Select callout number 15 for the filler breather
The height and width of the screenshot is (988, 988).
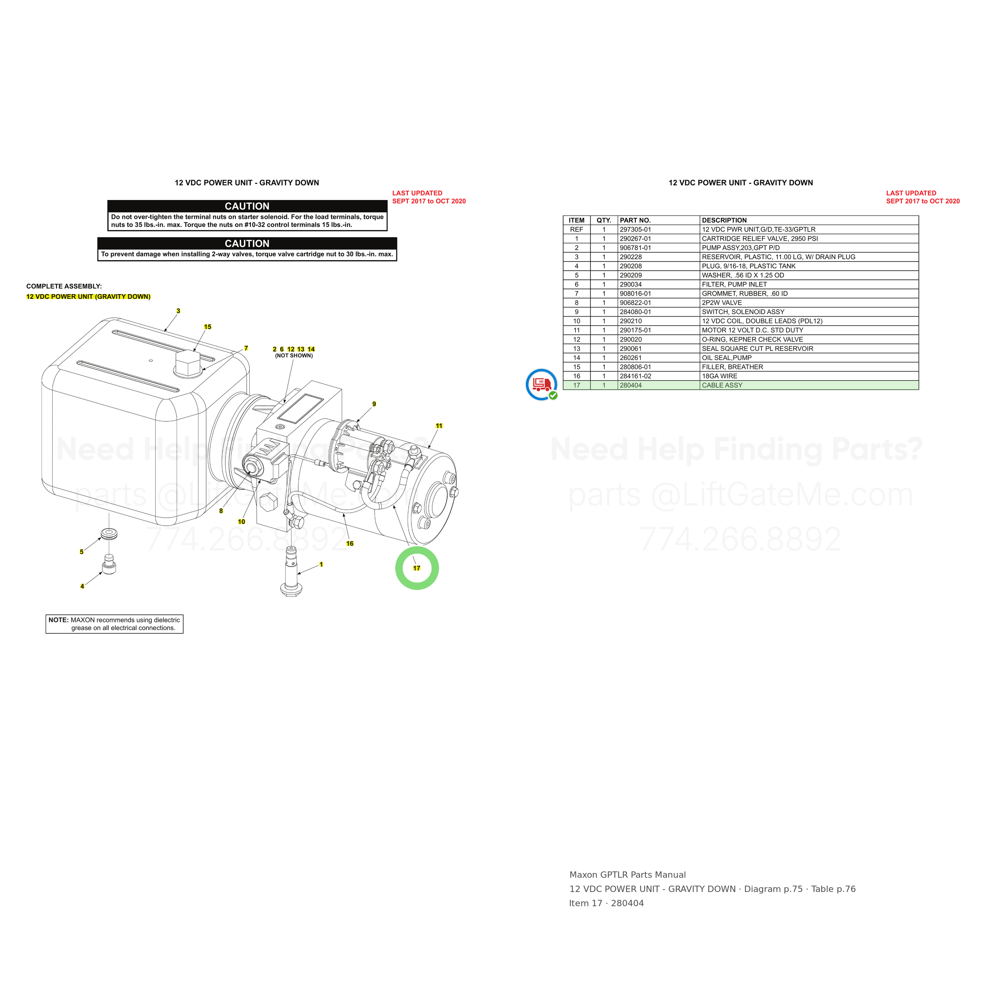pyautogui.click(x=207, y=327)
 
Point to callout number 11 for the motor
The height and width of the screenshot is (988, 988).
pyautogui.click(x=439, y=426)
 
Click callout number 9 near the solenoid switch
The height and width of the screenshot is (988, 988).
pyautogui.click(x=374, y=404)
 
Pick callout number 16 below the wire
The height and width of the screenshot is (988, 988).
pyautogui.click(x=350, y=544)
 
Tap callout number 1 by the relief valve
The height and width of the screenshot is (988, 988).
pyautogui.click(x=321, y=565)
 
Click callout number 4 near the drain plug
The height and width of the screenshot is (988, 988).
pyautogui.click(x=82, y=586)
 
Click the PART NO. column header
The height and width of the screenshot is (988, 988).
pyautogui.click(x=635, y=221)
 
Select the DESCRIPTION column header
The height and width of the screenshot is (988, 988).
pyautogui.click(x=724, y=221)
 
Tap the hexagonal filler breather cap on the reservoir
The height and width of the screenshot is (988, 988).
pyautogui.click(x=188, y=363)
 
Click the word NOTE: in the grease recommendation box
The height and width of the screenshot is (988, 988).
pyautogui.click(x=58, y=620)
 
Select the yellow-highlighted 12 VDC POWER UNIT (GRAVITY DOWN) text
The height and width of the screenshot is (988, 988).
pyautogui.click(x=89, y=297)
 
